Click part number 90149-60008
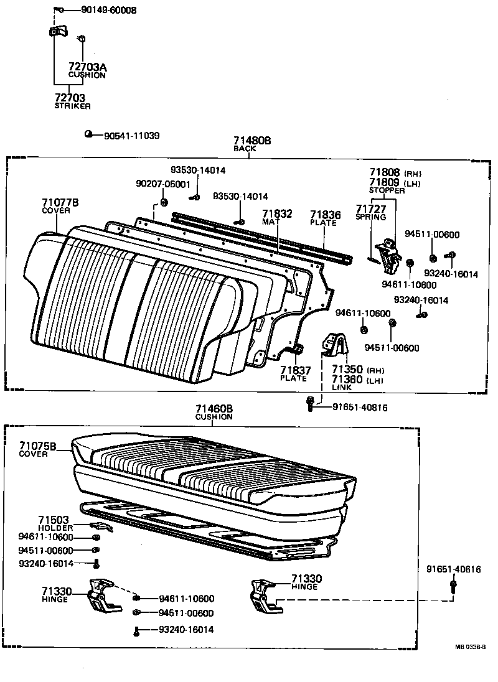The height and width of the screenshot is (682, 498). (x=109, y=11)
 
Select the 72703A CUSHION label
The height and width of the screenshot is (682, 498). (x=87, y=69)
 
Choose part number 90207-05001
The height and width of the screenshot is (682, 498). (x=162, y=184)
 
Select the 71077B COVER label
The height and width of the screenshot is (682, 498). (x=60, y=205)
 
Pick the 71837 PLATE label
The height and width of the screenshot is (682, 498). (x=293, y=373)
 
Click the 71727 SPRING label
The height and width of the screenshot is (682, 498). (x=371, y=212)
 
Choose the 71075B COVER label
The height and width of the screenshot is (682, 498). (x=37, y=449)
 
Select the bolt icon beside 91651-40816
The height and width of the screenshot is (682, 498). (x=309, y=405)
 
